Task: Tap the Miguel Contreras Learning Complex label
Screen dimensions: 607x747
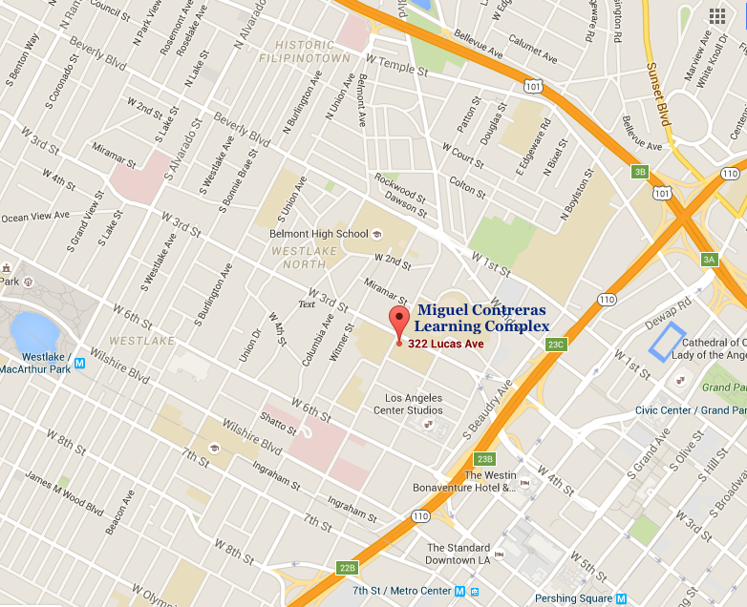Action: point(482,319)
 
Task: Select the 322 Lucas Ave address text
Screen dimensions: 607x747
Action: point(443,344)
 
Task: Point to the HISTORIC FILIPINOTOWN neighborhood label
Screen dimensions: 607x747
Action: point(312,52)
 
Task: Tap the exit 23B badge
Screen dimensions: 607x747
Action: point(484,459)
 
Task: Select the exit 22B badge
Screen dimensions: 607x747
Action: point(347,568)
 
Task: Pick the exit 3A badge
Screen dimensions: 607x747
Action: point(708,259)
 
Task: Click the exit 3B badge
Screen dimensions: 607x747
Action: point(640,172)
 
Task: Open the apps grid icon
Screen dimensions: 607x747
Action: point(717,15)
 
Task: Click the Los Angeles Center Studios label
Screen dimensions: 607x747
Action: point(414,404)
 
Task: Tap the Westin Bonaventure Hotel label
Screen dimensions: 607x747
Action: point(490,481)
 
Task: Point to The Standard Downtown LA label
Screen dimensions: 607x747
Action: point(459,554)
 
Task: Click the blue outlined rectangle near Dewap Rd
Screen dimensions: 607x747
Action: point(668,342)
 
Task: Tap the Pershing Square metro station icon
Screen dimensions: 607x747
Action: point(623,598)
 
